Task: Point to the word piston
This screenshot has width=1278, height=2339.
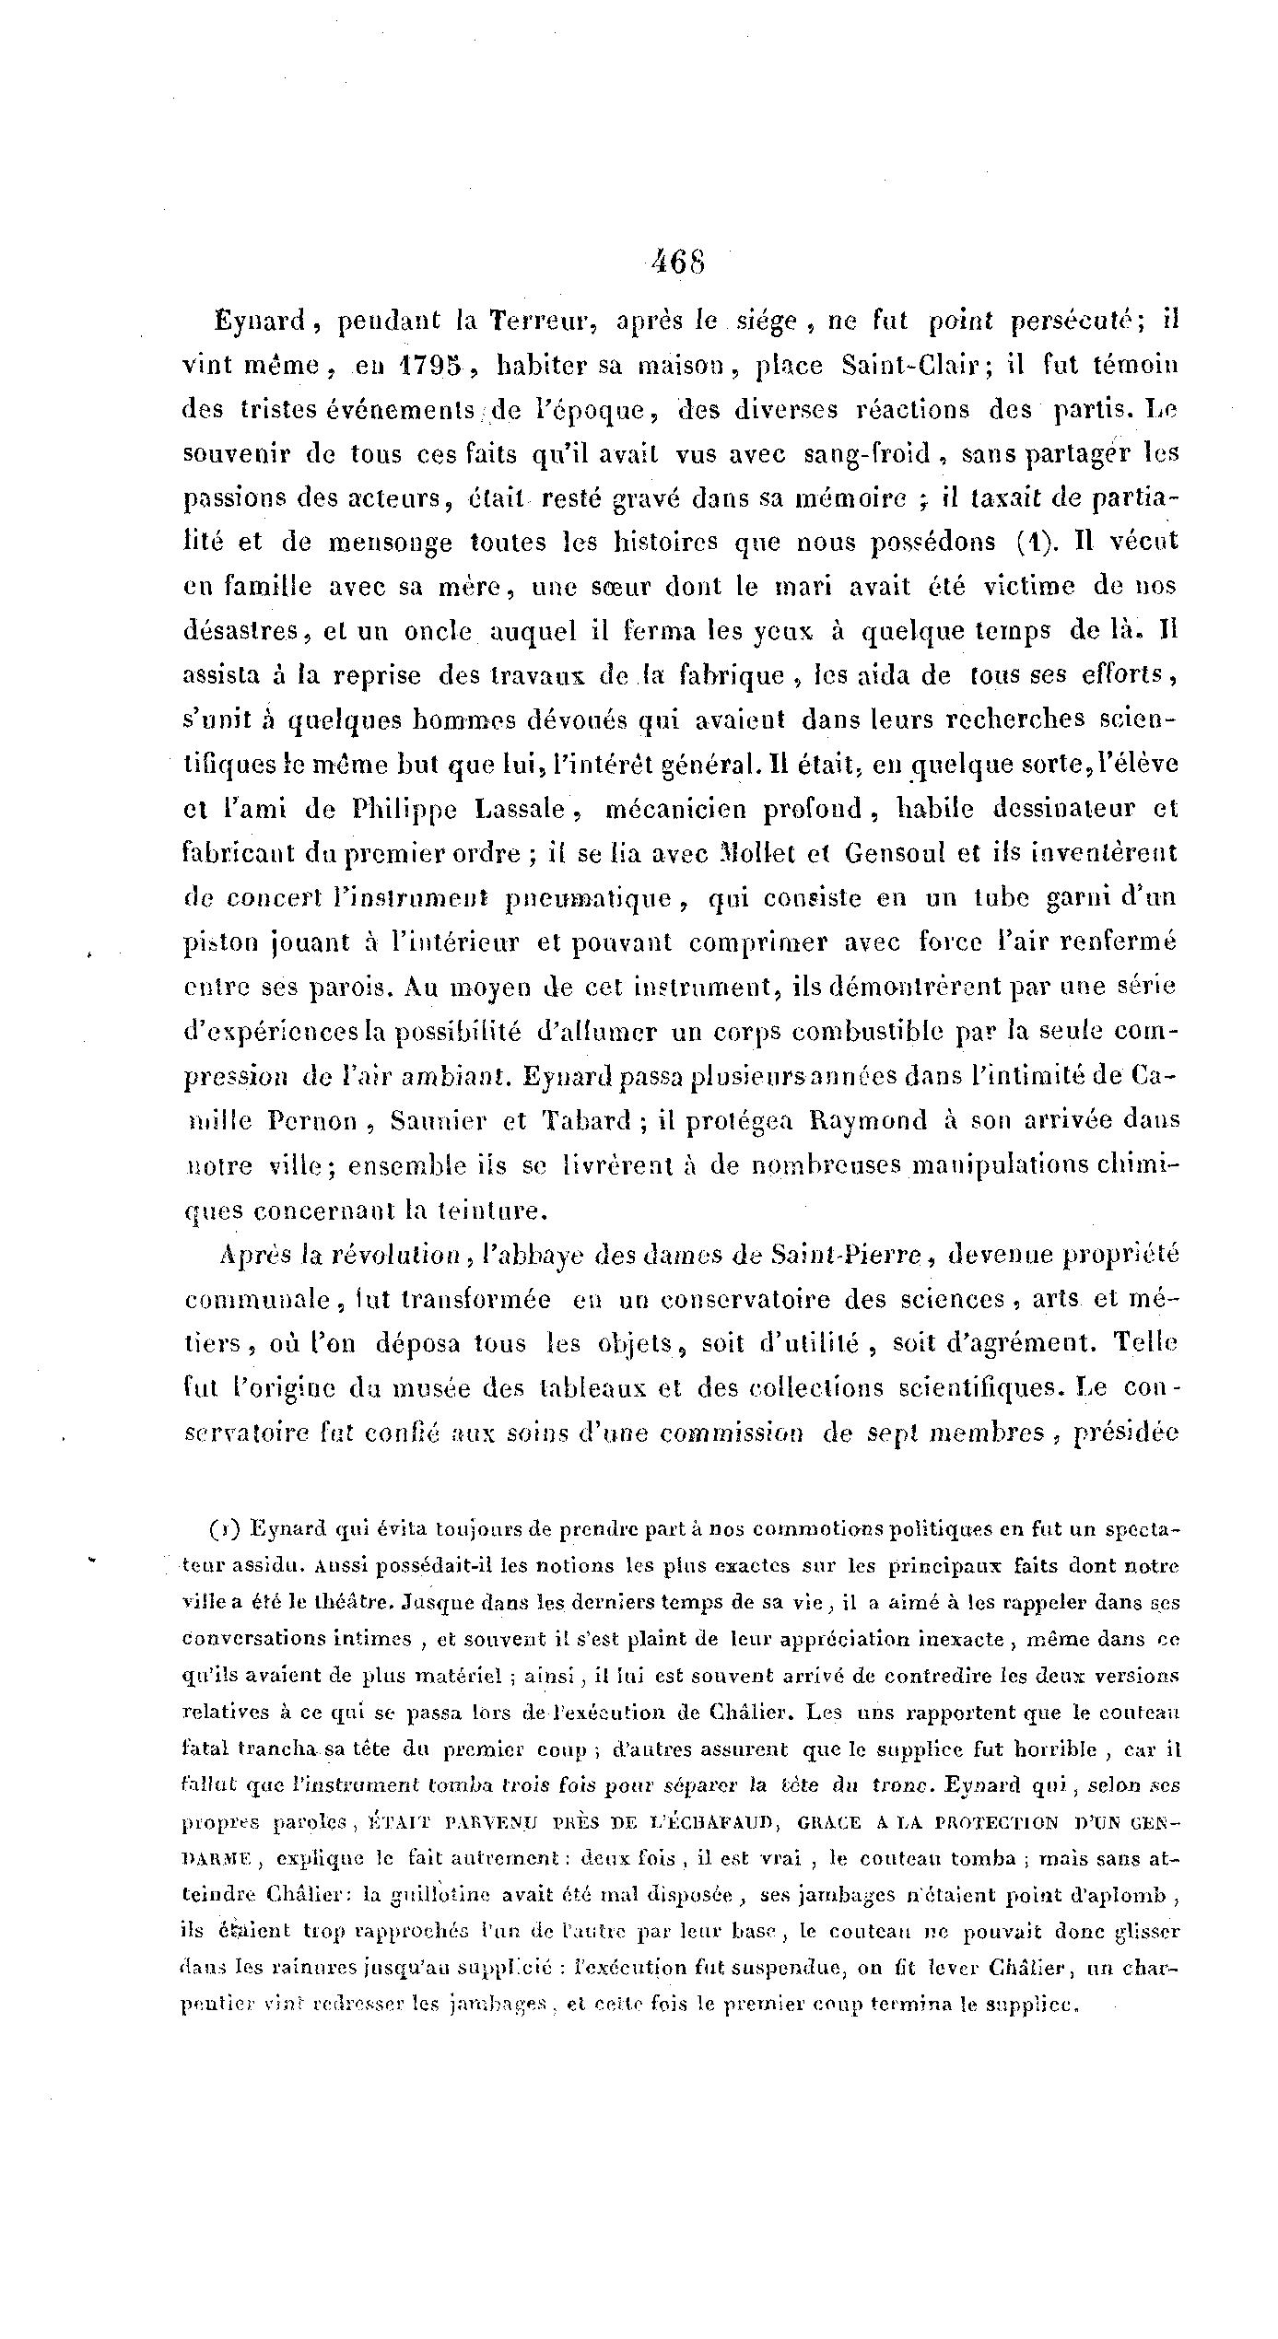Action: coord(215,943)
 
